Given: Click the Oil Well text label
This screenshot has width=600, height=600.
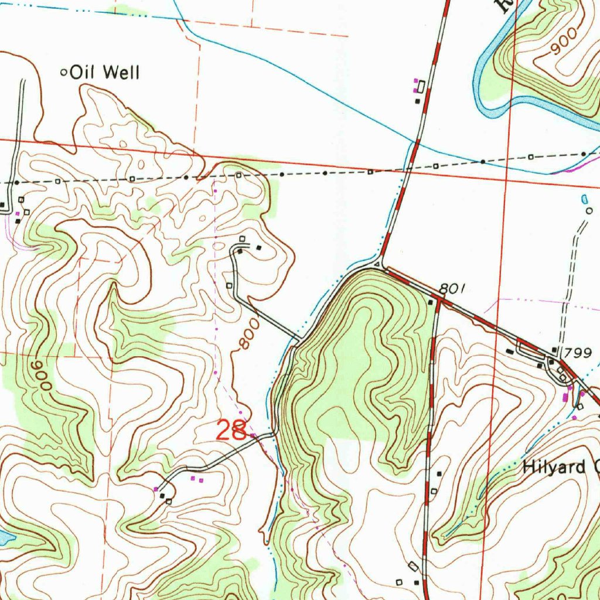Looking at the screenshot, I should click(x=104, y=73).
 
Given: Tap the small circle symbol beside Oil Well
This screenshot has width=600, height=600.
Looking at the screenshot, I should click(x=64, y=73).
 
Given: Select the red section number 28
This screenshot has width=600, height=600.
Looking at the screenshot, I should click(x=231, y=431).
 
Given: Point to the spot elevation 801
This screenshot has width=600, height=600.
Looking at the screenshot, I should click(x=452, y=288).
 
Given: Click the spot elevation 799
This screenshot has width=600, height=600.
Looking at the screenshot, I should click(x=581, y=353).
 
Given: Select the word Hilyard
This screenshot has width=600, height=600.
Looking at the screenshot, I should click(x=554, y=467).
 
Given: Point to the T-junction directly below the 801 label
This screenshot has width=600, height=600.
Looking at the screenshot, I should click(x=438, y=300).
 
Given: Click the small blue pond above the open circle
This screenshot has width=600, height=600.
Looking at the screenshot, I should click(x=584, y=199).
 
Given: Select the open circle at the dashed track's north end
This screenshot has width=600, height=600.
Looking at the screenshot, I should click(x=589, y=210).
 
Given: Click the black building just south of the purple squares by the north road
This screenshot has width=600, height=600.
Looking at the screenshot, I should click(x=417, y=101).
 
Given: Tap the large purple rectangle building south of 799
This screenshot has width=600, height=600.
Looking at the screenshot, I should click(x=565, y=397).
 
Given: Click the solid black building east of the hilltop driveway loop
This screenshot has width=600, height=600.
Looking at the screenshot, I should click(x=259, y=247).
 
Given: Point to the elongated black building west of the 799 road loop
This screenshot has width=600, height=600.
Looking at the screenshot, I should click(x=510, y=351).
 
